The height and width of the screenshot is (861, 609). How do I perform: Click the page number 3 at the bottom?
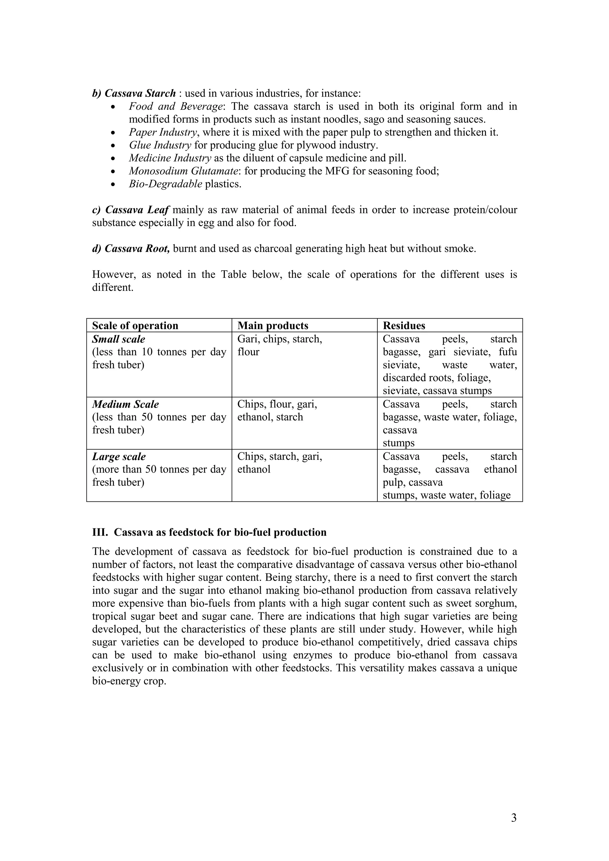514,818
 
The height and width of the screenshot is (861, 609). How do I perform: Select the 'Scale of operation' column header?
135,326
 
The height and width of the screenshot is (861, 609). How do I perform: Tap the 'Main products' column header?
273,326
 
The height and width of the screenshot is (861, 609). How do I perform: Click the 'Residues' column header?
404,326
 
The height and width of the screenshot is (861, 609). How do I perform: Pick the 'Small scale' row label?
119,339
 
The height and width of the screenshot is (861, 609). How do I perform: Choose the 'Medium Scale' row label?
125,404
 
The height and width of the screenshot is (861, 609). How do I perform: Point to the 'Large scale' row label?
119,456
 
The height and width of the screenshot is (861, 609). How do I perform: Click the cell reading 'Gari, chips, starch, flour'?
280,345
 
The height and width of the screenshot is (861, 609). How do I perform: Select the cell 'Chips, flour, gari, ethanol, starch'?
277,411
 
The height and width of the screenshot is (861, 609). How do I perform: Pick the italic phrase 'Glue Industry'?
160,145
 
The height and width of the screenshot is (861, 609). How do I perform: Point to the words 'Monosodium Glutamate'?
184,171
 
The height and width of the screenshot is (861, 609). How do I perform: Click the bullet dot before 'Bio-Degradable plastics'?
114,184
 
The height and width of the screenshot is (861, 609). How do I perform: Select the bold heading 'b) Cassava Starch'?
134,93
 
